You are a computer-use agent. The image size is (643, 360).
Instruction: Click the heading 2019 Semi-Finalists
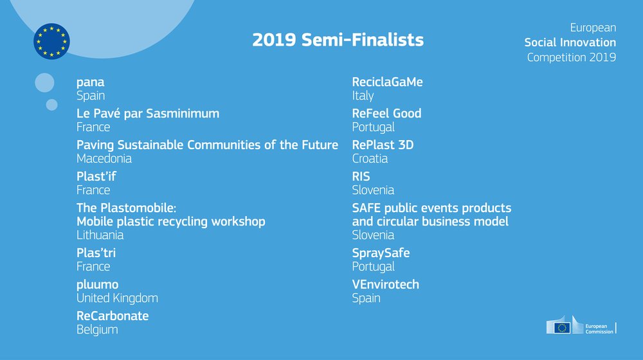click(x=338, y=40)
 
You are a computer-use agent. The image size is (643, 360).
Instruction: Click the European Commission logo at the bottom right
click(x=581, y=326)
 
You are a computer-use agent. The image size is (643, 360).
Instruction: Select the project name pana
click(x=90, y=82)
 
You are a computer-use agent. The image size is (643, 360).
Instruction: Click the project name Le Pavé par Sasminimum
click(x=148, y=114)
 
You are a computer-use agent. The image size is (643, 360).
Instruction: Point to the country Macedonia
click(x=104, y=158)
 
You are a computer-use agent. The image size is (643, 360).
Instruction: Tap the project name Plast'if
click(x=96, y=176)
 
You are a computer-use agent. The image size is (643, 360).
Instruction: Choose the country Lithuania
click(x=100, y=235)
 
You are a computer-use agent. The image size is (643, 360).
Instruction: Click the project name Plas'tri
click(x=96, y=253)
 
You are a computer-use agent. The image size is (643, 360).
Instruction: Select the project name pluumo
click(x=98, y=285)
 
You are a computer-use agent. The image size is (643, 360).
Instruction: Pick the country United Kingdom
click(x=117, y=298)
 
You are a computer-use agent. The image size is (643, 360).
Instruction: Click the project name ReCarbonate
click(x=113, y=316)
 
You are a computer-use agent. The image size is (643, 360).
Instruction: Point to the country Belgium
click(x=97, y=329)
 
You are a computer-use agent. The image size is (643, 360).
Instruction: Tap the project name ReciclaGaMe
click(x=387, y=82)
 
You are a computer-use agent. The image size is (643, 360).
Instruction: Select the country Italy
click(x=363, y=95)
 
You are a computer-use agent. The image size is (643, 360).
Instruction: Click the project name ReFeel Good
click(x=386, y=114)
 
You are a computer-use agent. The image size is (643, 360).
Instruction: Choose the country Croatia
click(x=370, y=158)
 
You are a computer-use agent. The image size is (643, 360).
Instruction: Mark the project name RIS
click(x=361, y=176)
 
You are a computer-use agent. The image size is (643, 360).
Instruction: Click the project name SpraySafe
click(x=381, y=253)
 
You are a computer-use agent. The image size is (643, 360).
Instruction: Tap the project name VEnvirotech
click(x=385, y=285)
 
